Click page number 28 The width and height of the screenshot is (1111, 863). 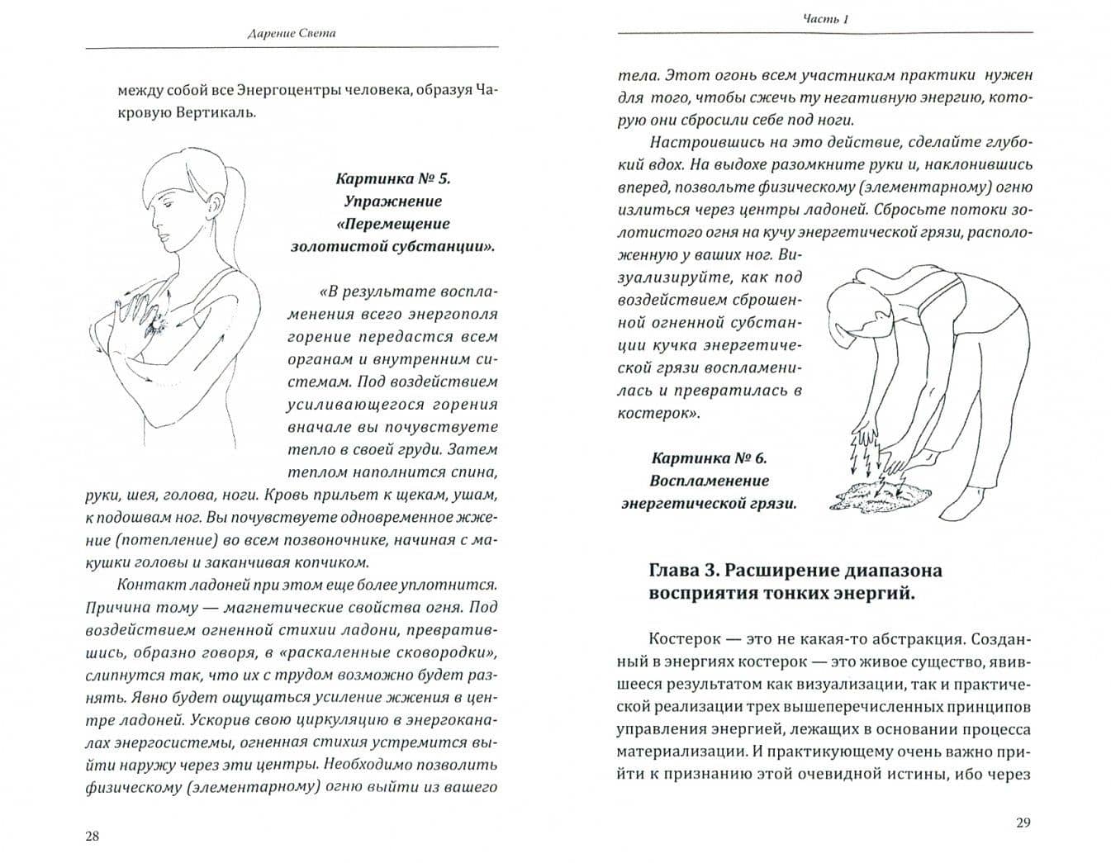(92, 837)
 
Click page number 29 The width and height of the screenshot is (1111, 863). (1023, 823)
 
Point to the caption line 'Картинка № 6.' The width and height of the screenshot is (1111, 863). (709, 458)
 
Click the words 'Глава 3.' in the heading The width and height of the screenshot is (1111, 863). (681, 571)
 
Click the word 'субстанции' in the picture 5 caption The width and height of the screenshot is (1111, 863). (444, 246)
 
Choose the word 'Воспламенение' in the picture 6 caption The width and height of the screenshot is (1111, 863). (709, 481)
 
